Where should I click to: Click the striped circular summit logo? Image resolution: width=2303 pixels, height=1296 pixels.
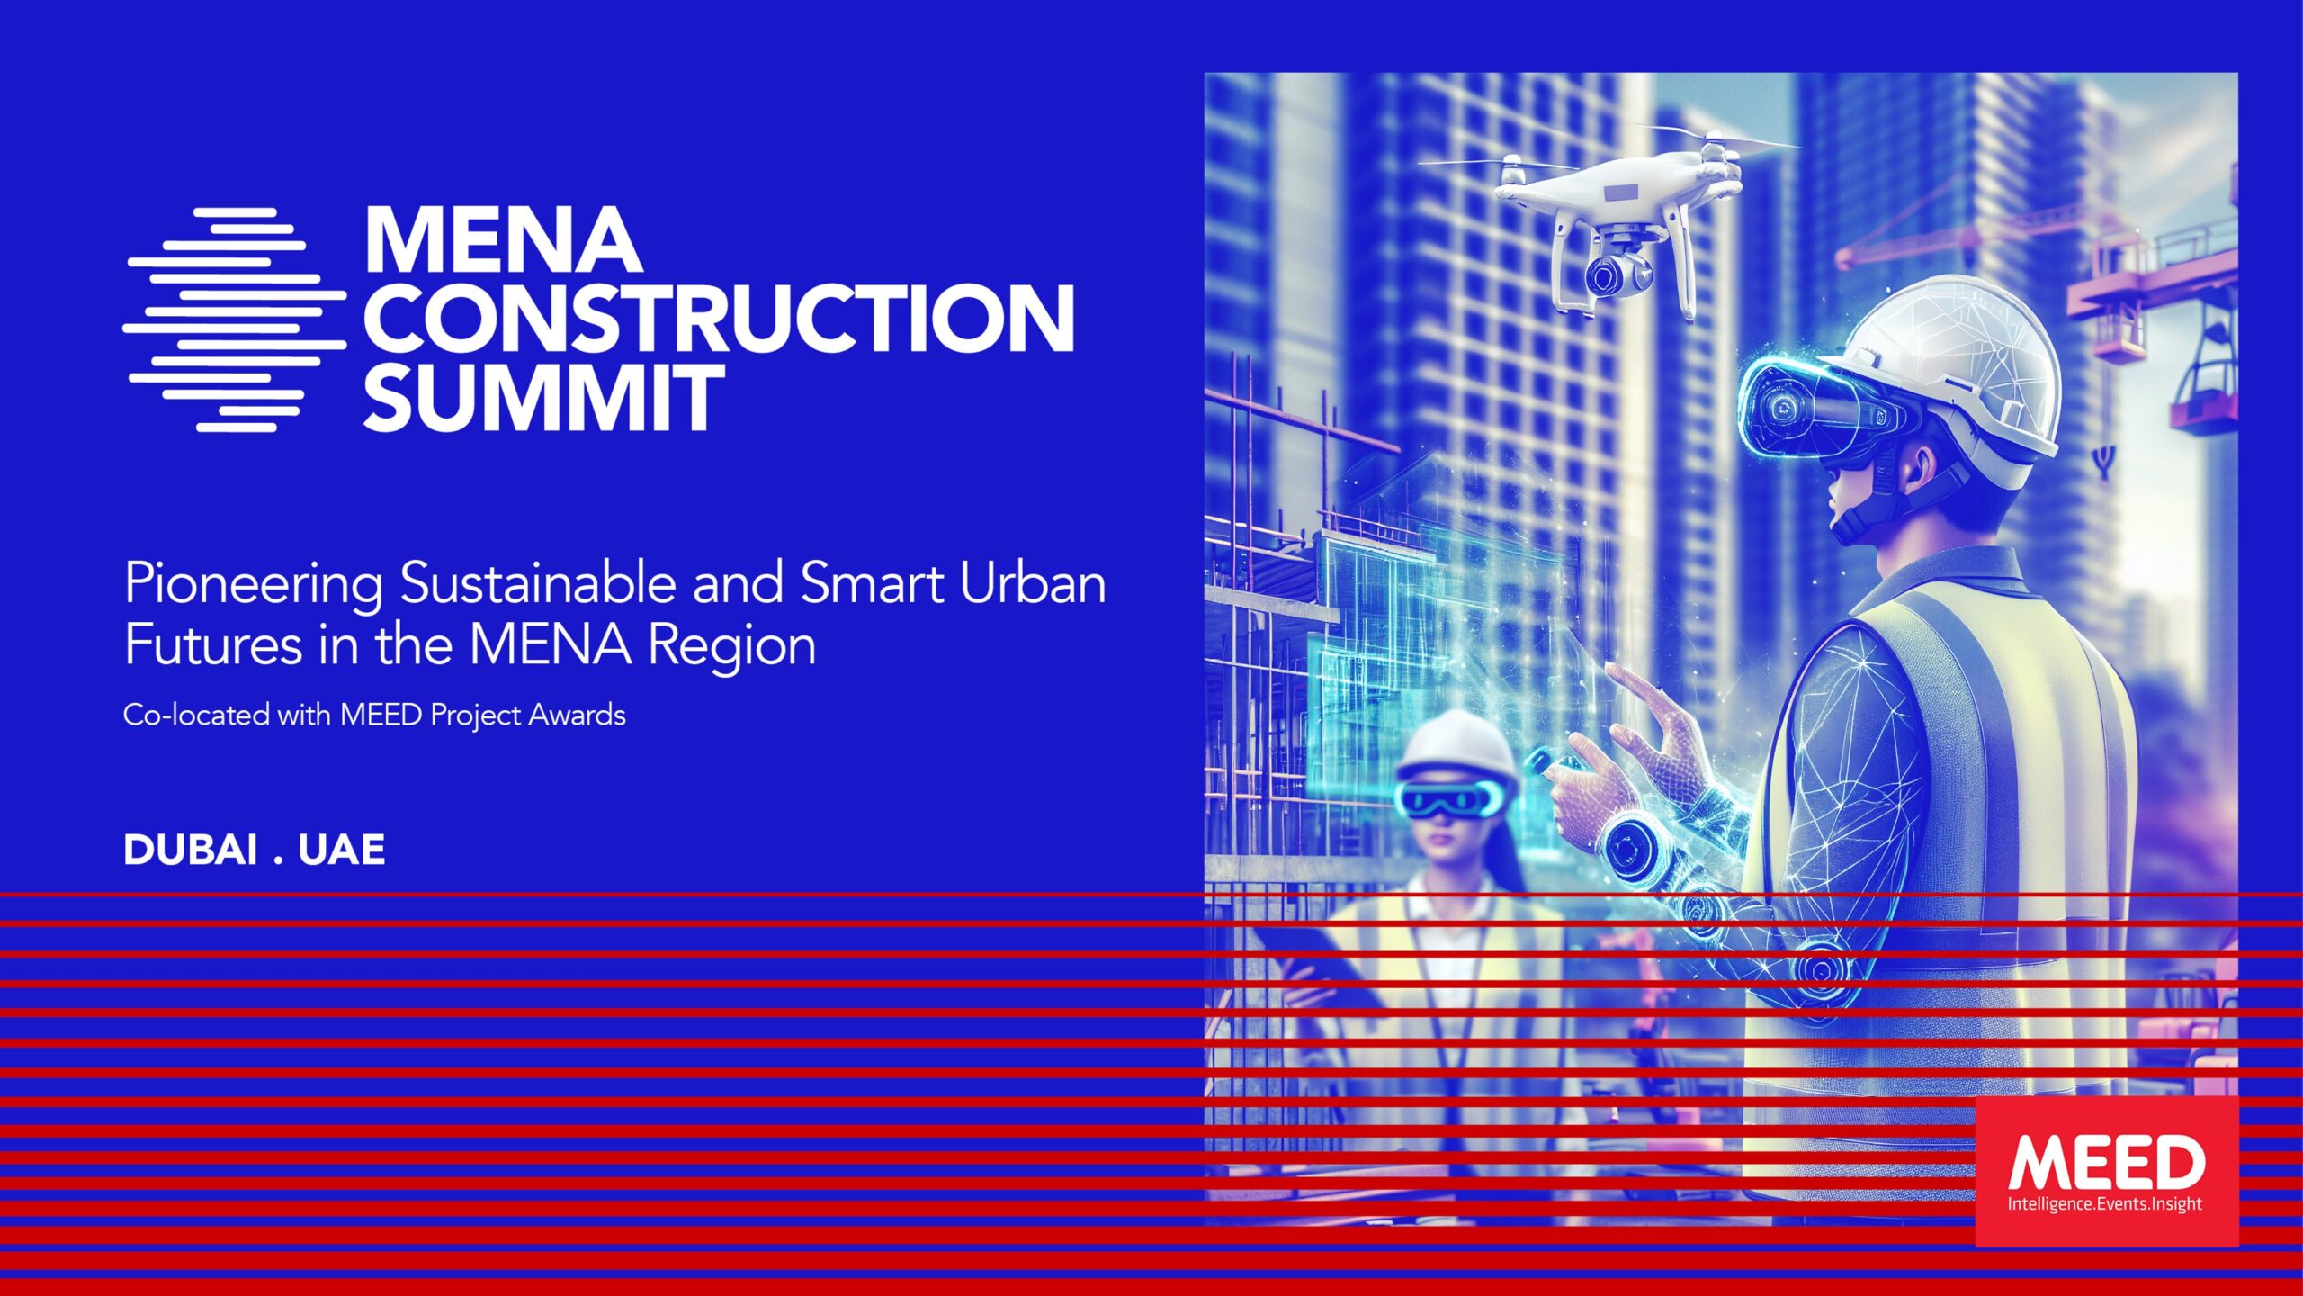235,319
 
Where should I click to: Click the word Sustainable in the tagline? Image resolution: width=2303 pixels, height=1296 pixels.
538,582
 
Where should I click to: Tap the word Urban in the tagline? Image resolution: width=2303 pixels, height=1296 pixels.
1033,582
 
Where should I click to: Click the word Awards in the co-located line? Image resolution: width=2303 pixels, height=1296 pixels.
577,715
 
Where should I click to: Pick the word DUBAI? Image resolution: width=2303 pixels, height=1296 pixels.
191,850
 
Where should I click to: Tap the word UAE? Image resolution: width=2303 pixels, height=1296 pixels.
342,850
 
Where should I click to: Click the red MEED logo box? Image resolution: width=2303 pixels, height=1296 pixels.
2107,1171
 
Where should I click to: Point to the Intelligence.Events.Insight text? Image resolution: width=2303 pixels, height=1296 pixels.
2105,1204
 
